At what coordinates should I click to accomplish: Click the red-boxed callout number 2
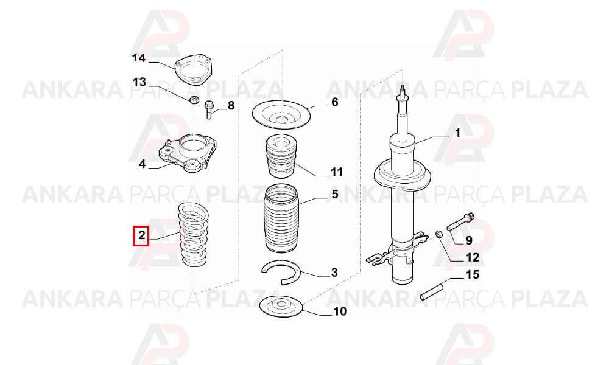tap(141, 235)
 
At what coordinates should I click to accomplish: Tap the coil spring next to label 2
tap(194, 235)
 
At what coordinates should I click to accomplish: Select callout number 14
tap(139, 58)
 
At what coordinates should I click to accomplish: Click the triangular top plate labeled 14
tap(194, 69)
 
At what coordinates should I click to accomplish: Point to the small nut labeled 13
tap(194, 100)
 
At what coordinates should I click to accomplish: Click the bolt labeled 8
tap(208, 109)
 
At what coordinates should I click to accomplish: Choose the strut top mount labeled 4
tap(188, 153)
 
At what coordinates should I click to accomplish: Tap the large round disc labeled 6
tap(281, 115)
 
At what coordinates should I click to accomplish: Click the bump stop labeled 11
tap(280, 156)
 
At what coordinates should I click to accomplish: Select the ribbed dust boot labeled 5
tap(281, 218)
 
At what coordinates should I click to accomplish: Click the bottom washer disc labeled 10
tap(281, 305)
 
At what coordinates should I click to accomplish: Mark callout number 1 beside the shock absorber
tap(457, 133)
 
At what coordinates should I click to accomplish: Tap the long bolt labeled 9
tap(460, 221)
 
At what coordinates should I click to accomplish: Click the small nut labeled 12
tap(438, 234)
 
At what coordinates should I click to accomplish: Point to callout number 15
tap(473, 274)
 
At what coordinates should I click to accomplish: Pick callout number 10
tap(340, 311)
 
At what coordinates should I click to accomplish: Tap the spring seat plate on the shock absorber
tap(403, 175)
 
